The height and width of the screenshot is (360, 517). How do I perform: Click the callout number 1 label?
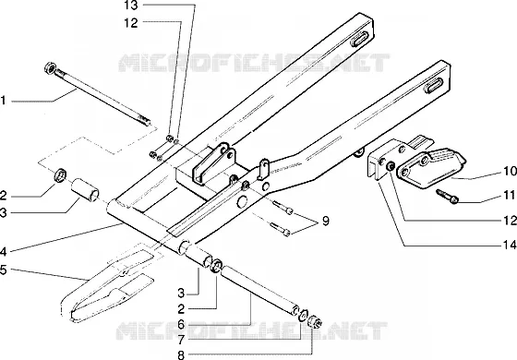(3, 101)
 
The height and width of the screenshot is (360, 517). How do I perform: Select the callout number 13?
(131, 6)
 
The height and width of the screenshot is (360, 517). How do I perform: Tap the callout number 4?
(3, 252)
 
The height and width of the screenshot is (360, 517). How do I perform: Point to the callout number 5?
(3, 270)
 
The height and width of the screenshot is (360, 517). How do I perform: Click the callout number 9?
(325, 221)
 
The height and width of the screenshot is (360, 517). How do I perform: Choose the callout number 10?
(510, 171)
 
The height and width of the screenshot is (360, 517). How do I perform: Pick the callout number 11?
(510, 195)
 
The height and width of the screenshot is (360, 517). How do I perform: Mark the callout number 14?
(510, 245)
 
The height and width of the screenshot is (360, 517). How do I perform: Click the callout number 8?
(181, 355)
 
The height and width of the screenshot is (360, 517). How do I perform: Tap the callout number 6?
(181, 325)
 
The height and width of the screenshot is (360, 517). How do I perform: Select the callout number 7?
(181, 340)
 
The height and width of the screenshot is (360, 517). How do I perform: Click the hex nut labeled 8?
(315, 321)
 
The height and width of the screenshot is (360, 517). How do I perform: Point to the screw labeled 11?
(448, 196)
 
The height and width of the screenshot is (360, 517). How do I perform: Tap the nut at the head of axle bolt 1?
(50, 67)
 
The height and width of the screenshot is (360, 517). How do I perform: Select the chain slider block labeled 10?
(430, 168)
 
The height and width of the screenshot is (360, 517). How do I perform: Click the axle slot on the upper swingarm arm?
(360, 39)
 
